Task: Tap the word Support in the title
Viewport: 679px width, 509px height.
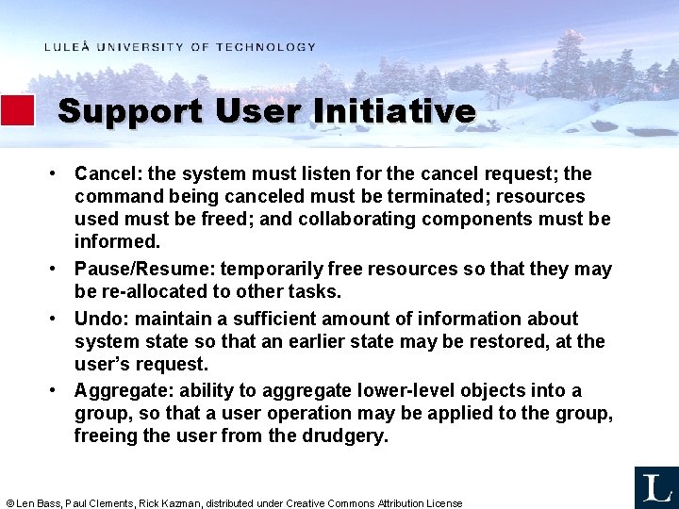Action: (x=129, y=111)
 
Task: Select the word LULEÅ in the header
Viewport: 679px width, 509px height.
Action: (x=66, y=47)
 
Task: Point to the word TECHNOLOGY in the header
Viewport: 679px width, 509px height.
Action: (x=265, y=47)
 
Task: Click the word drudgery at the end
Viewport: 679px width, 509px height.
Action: (x=343, y=436)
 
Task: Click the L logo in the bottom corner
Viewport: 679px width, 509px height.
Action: (x=655, y=487)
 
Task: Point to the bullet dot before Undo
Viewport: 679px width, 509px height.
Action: (x=57, y=319)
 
